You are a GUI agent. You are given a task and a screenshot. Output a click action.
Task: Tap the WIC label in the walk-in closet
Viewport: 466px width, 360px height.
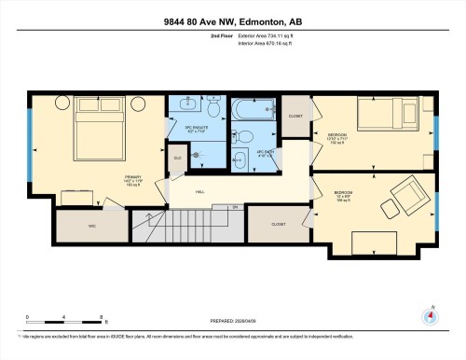[x=92, y=225]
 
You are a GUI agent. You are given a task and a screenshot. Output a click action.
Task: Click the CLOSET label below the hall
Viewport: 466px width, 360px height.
[x=278, y=224]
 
